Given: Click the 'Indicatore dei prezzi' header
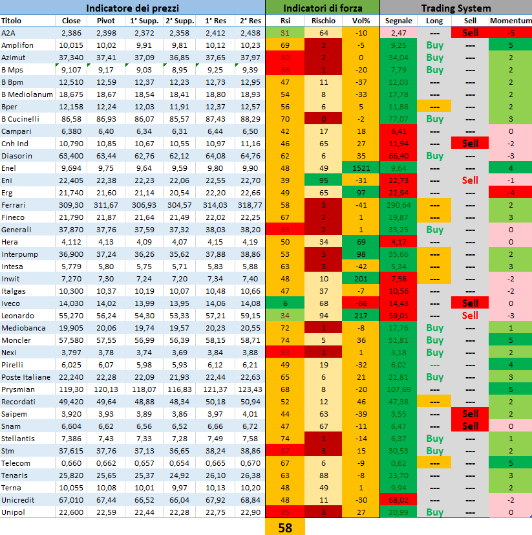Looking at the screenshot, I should (x=133, y=8).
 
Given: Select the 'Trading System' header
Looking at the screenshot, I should (x=456, y=8).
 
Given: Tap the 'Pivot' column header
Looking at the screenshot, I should (x=106, y=21).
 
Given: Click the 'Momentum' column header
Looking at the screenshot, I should (x=510, y=21).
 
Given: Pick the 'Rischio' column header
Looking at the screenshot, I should (x=323, y=21).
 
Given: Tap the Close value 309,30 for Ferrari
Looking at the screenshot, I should (x=71, y=205).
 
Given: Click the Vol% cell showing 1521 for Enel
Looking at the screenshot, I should (x=361, y=168).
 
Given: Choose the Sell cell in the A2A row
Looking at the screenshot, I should (x=471, y=33).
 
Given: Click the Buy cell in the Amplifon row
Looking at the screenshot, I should (x=434, y=45).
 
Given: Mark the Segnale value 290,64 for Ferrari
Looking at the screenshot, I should (x=399, y=205).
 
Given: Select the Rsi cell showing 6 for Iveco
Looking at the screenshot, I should (x=285, y=303).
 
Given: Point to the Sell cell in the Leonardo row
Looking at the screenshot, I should (x=471, y=316).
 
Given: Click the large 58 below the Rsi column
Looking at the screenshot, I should (x=285, y=527).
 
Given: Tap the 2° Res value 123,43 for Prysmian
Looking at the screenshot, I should (x=250, y=389).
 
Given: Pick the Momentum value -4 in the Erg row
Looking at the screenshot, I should (x=510, y=193).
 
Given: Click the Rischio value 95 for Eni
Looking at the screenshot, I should (x=323, y=180).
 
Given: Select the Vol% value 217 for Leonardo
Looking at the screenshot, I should (x=361, y=316).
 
